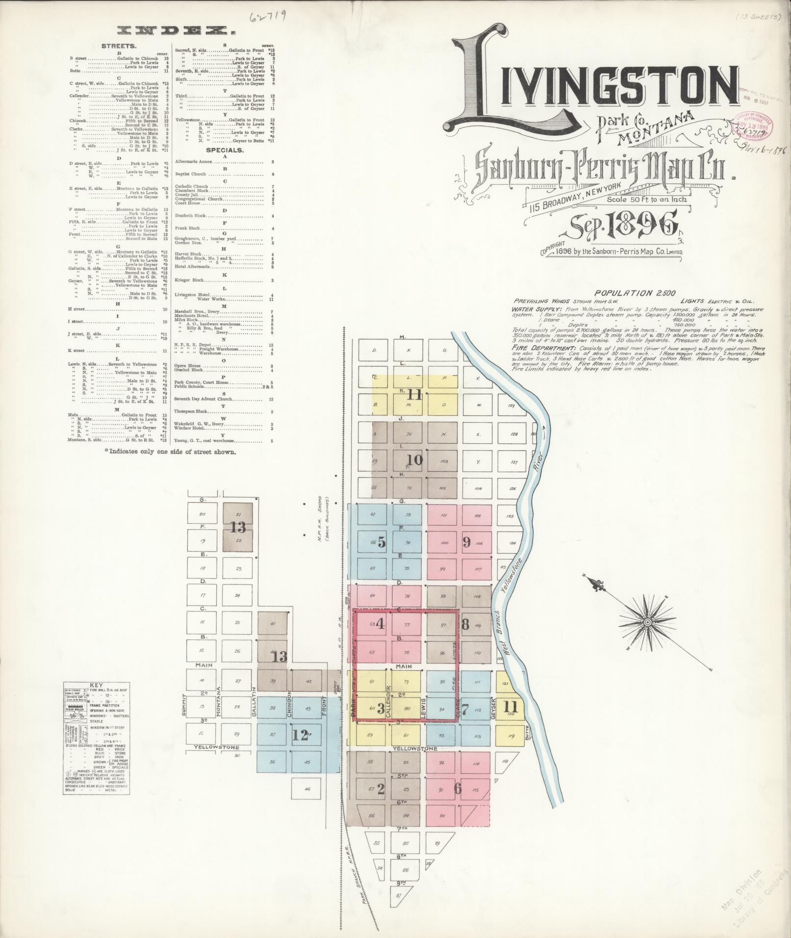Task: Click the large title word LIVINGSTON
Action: pyautogui.click(x=593, y=86)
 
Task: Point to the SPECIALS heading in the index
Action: pyautogui.click(x=224, y=150)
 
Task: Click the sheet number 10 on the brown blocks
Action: pyautogui.click(x=415, y=459)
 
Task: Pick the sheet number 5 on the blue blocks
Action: pyautogui.click(x=382, y=543)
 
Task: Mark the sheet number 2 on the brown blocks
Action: pyautogui.click(x=381, y=789)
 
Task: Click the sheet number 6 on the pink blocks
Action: pyautogui.click(x=458, y=788)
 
